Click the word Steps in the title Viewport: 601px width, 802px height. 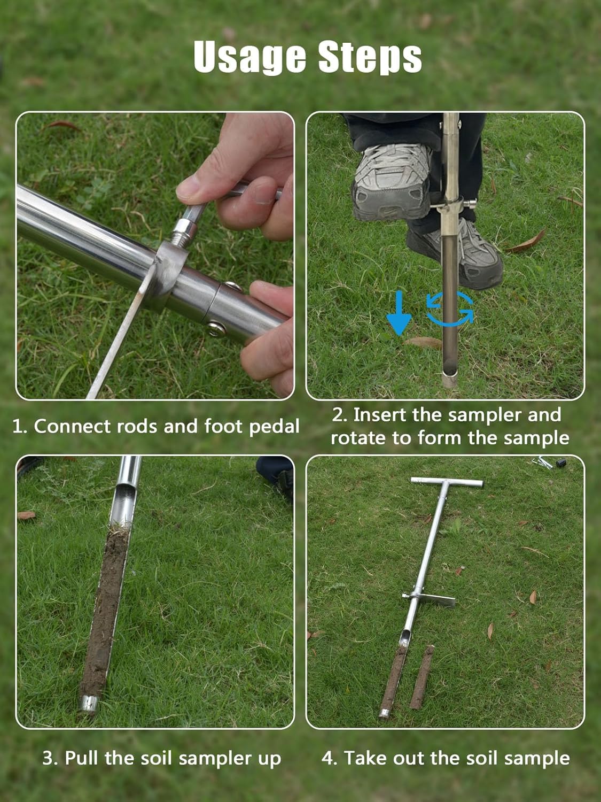[x=370, y=57]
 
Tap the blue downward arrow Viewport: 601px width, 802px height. [x=399, y=313]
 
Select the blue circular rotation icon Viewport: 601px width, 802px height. [x=450, y=309]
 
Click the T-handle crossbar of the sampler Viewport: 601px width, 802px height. [x=447, y=482]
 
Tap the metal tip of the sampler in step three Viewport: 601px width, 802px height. [x=89, y=703]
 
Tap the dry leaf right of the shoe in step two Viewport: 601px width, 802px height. [x=526, y=243]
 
